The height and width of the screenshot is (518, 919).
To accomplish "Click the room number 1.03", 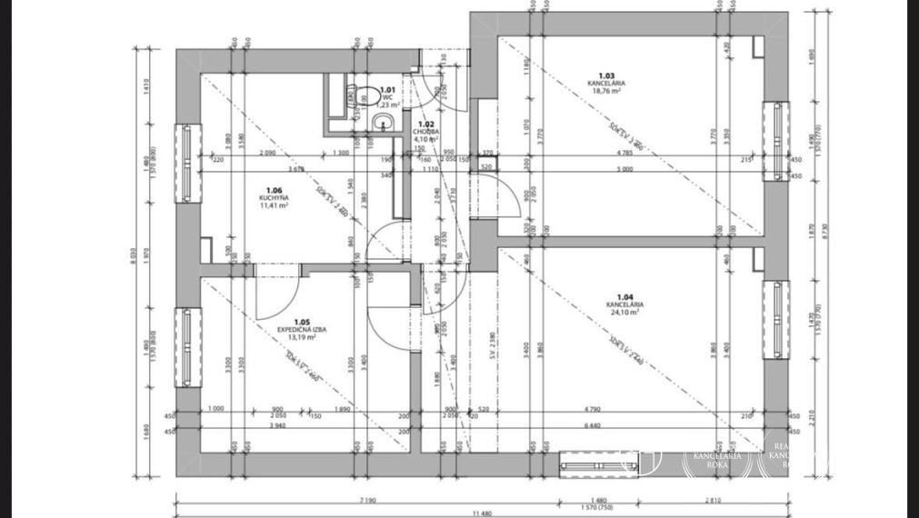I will click(606, 75).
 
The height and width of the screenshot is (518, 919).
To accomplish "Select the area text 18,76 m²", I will click(606, 91).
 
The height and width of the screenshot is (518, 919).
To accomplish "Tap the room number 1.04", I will click(624, 296).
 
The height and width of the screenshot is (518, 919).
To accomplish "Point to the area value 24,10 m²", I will click(624, 312).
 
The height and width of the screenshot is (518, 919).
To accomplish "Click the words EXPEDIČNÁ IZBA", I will click(302, 329).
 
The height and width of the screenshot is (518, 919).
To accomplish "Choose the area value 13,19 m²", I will click(302, 337).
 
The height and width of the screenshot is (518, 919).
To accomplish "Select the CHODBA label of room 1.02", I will click(425, 132).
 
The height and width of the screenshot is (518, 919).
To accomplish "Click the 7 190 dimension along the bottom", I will click(368, 501).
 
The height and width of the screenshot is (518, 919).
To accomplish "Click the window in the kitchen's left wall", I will click(186, 164).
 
